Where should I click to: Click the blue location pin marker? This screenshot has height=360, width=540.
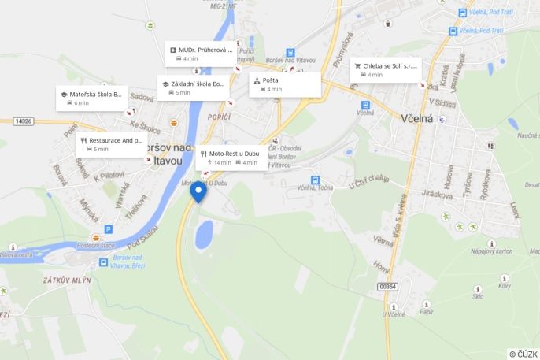[198, 191]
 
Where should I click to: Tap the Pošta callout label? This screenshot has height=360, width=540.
[285, 84]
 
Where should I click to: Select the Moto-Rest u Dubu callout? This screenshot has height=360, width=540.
[231, 158]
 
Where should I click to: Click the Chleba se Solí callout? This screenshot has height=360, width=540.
[385, 70]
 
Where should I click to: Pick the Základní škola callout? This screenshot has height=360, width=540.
[193, 87]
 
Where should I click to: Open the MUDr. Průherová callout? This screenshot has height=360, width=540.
[201, 54]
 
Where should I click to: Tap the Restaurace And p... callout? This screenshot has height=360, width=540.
[111, 144]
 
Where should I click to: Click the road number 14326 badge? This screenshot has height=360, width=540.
[24, 121]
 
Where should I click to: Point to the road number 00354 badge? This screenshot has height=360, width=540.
[388, 287]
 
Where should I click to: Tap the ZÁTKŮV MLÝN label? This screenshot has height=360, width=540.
[67, 280]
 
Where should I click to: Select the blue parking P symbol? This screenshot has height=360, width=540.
[109, 229]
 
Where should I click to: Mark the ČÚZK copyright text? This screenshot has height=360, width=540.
[523, 354]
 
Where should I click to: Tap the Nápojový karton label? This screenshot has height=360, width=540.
[491, 251]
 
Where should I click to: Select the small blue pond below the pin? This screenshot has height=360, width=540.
[204, 235]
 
